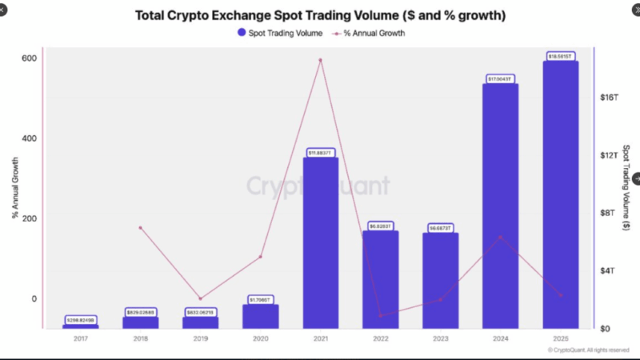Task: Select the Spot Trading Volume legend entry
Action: point(280,34)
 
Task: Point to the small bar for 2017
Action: point(80,326)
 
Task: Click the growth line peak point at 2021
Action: point(321,60)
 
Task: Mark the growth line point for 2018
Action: point(140,228)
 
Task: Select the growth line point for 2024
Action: point(500,237)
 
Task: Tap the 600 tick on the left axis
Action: point(29,58)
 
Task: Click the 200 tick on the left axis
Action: point(29,218)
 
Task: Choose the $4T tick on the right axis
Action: point(609,270)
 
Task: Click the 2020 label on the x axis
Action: point(260,339)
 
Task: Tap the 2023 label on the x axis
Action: point(440,339)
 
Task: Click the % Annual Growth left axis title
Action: point(14,189)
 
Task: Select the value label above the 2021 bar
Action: point(321,153)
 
